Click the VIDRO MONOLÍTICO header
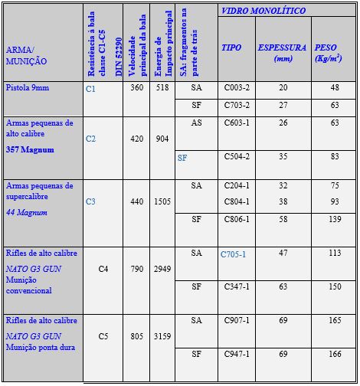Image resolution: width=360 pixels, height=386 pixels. click(x=263, y=11)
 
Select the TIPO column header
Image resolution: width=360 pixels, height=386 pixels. click(x=231, y=47)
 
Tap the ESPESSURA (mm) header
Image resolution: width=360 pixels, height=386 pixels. click(x=283, y=52)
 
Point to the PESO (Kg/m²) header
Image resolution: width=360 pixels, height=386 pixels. click(x=331, y=52)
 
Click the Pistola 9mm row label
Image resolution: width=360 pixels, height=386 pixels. click(x=26, y=88)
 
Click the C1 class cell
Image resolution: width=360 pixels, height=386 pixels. click(x=91, y=89)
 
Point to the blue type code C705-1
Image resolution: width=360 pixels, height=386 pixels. click(x=233, y=254)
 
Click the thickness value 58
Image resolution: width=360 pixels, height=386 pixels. click(x=283, y=219)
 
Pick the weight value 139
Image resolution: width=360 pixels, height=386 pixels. click(x=334, y=219)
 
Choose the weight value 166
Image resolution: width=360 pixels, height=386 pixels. click(x=334, y=354)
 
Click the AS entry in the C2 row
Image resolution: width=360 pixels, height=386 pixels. click(x=197, y=123)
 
